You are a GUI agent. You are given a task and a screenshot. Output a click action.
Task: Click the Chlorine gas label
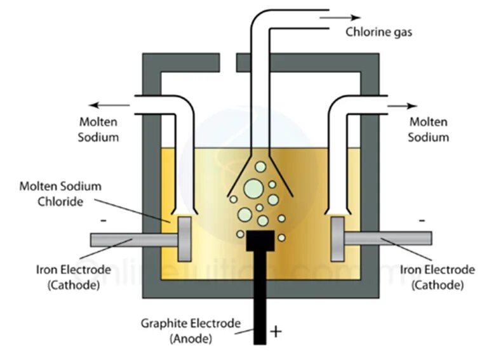click(379, 32)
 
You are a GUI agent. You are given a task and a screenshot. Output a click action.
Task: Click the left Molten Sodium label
click(98, 129)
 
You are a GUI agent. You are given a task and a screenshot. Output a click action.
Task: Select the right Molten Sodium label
click(429, 129)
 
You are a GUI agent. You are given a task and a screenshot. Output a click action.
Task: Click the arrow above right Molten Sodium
click(403, 105)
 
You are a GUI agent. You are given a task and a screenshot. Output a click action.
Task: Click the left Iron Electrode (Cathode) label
click(73, 277)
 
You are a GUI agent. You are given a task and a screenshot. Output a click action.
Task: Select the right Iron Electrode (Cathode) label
click(437, 277)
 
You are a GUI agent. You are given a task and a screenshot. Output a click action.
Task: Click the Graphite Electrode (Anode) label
click(191, 331)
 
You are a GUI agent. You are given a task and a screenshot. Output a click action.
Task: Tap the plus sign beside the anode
click(276, 331)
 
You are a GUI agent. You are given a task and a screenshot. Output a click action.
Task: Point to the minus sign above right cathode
click(422, 220)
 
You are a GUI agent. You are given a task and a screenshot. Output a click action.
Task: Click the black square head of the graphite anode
click(260, 241)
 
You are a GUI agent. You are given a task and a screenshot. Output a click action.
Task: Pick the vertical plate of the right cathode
click(337, 239)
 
